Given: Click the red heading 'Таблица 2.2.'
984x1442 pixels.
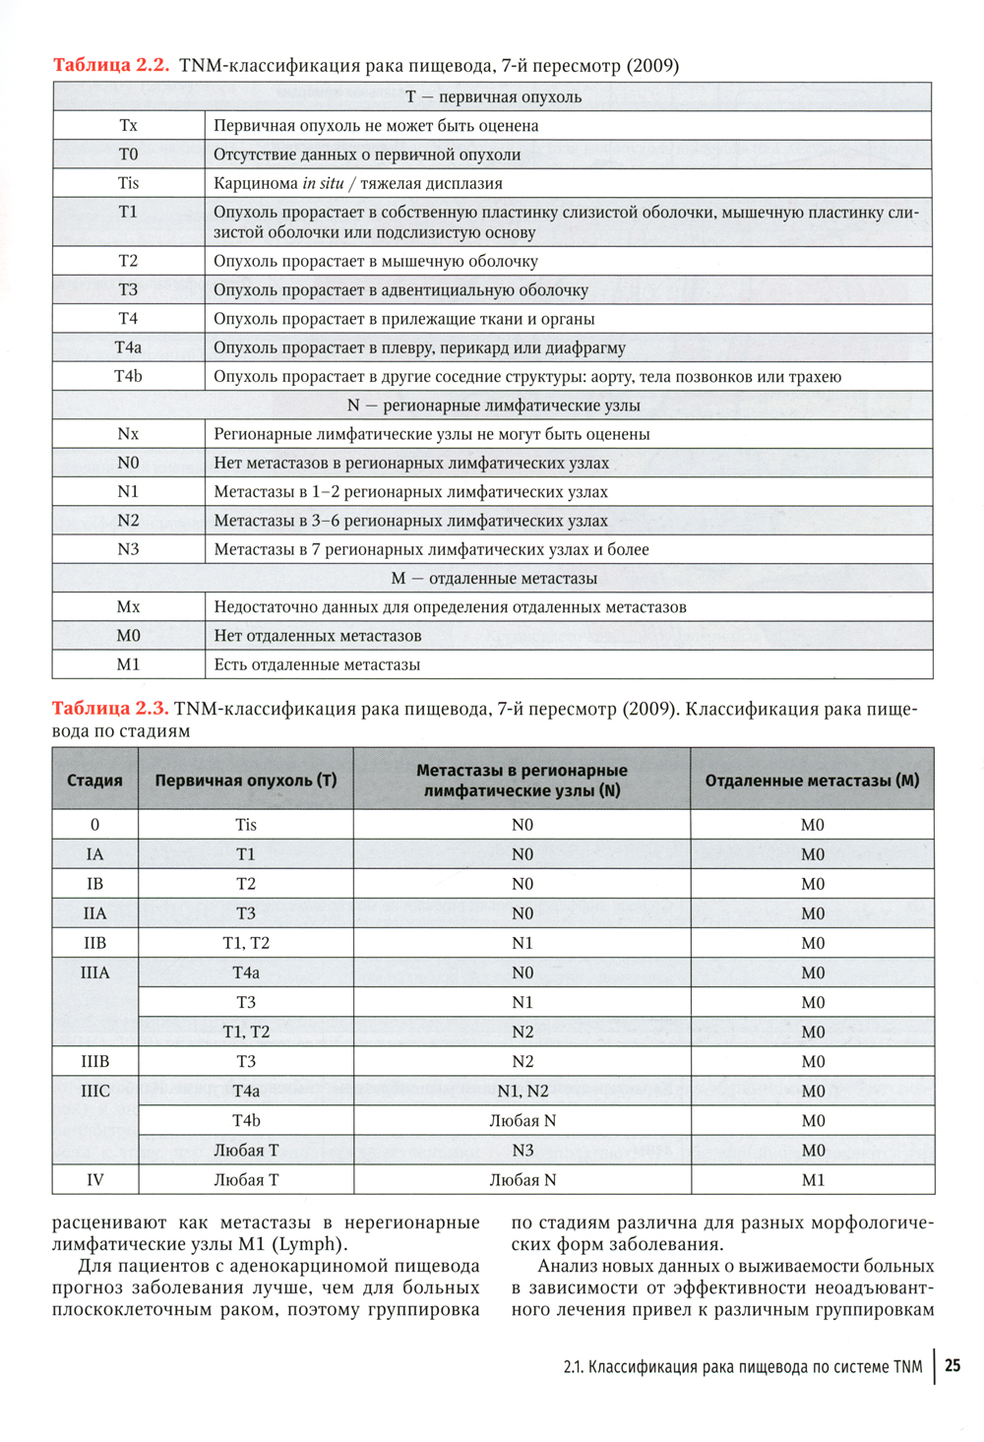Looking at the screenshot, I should click(x=111, y=66).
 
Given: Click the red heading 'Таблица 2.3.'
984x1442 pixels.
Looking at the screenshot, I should click(x=110, y=709).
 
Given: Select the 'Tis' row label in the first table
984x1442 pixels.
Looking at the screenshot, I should click(x=128, y=183).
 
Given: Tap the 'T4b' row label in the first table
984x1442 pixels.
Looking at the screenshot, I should click(x=128, y=376).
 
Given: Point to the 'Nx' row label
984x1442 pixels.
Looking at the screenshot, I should click(x=128, y=434).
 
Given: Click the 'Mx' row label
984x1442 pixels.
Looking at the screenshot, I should click(x=128, y=607).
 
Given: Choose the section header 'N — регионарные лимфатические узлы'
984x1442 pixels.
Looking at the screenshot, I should click(x=493, y=406).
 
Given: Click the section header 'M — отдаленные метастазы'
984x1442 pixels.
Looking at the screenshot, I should click(x=493, y=579).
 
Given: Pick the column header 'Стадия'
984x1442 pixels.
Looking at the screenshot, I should click(x=94, y=781).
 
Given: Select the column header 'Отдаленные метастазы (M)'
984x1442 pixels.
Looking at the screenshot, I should click(x=812, y=781).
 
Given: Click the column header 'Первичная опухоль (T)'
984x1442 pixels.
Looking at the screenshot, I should click(x=246, y=781).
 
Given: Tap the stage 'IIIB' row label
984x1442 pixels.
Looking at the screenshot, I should click(x=94, y=1062).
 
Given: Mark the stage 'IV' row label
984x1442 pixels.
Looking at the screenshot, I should click(x=94, y=1180).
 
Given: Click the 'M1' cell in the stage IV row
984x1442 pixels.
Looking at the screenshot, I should click(x=813, y=1180).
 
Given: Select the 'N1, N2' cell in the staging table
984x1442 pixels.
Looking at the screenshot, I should click(x=523, y=1092).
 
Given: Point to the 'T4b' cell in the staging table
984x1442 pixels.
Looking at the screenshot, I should click(x=246, y=1121).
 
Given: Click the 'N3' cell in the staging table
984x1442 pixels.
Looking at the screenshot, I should click(x=523, y=1151).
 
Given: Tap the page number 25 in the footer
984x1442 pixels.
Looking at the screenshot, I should click(x=953, y=1366).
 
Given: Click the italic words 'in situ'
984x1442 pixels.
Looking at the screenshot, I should click(x=323, y=183).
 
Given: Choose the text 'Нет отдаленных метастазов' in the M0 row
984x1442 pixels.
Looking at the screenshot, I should click(x=318, y=636).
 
